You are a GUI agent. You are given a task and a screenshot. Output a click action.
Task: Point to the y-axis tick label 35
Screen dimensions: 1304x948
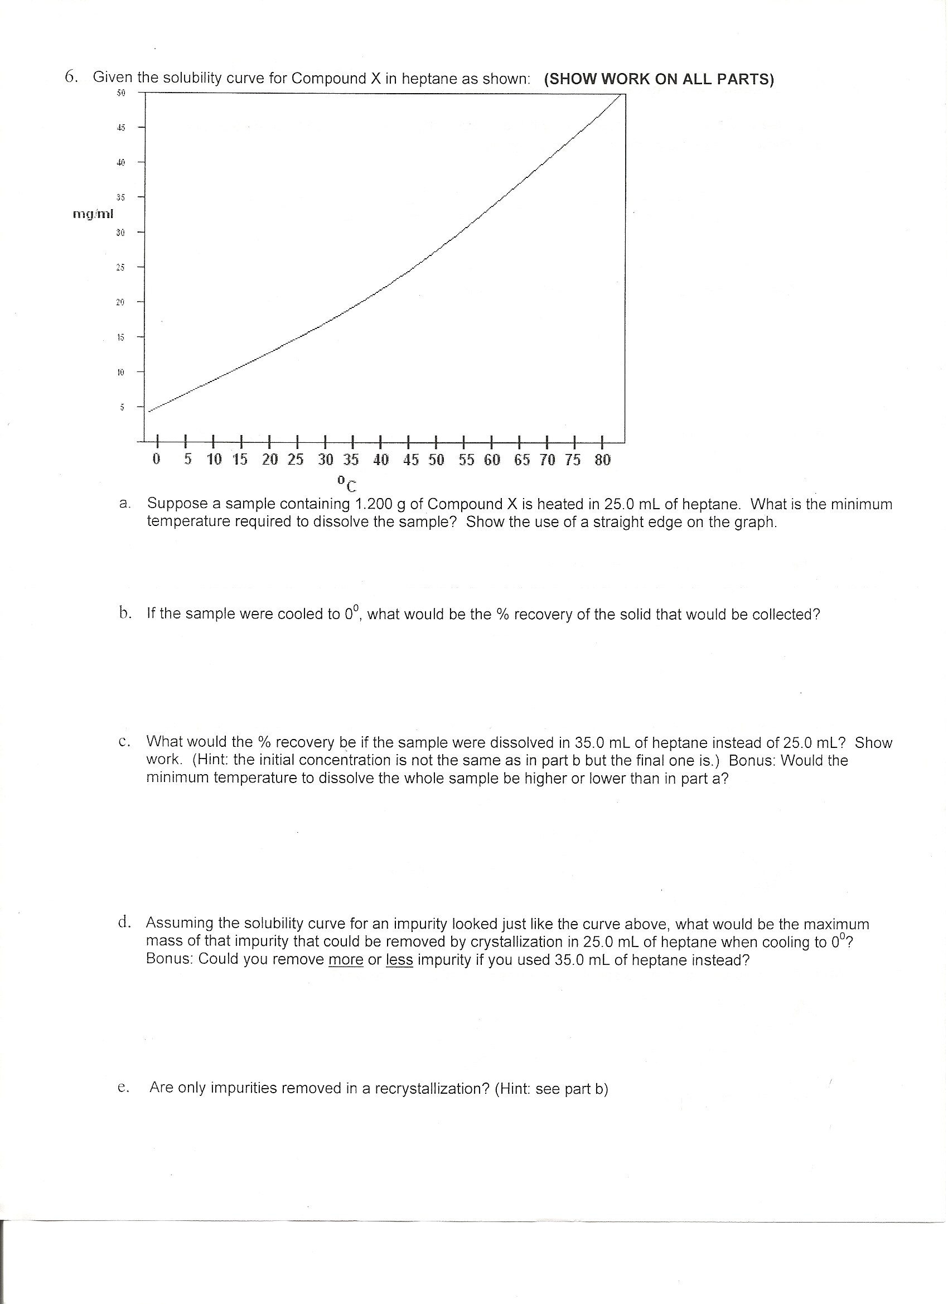(x=120, y=197)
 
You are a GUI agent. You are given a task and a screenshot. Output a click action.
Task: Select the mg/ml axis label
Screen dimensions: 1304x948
(x=93, y=215)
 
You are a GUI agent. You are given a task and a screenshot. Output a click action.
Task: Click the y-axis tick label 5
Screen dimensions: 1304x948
(x=122, y=407)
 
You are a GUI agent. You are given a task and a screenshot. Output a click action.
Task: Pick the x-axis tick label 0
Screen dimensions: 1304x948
(x=156, y=460)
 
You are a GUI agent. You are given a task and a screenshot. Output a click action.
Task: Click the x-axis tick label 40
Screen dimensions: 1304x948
(x=380, y=460)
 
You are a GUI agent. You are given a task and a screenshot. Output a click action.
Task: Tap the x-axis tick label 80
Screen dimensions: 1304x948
(x=602, y=460)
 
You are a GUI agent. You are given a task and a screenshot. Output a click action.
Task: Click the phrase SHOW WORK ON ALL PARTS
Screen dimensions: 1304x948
(x=659, y=79)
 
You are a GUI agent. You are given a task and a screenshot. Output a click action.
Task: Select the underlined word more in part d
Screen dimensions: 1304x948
(x=346, y=960)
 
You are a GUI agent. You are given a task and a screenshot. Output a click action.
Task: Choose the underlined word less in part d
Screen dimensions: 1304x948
(x=399, y=960)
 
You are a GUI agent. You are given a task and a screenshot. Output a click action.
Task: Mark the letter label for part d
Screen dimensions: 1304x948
(x=124, y=923)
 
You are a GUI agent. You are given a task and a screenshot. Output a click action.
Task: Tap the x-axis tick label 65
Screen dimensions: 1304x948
(x=521, y=460)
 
